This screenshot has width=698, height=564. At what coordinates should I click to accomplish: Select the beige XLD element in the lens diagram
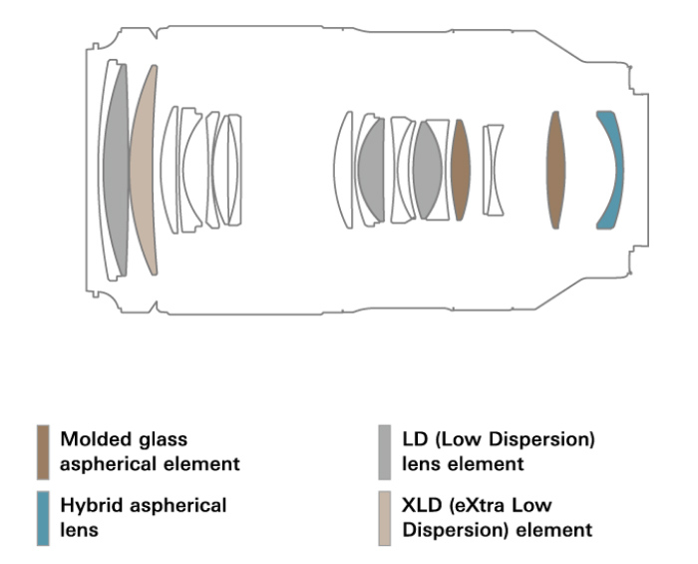146,170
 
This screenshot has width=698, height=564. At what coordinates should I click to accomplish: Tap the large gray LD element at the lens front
117,170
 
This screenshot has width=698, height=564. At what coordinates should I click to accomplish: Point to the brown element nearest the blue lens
556,170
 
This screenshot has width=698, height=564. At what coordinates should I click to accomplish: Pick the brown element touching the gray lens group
461,170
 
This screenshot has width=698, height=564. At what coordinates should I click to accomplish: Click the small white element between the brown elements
493,170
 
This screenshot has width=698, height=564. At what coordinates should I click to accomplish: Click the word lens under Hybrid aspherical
78,530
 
